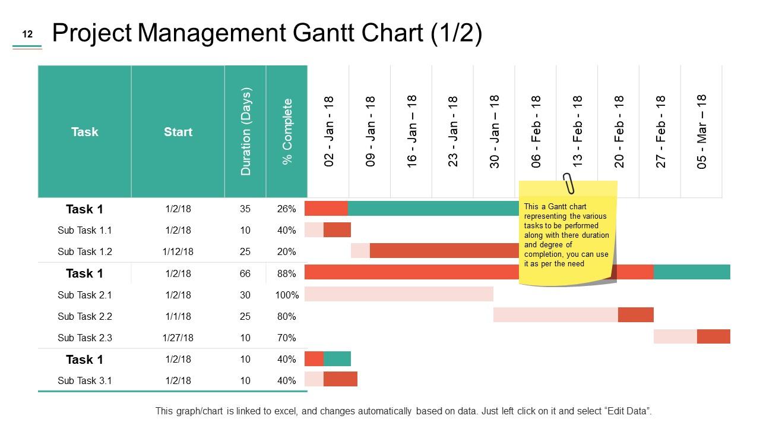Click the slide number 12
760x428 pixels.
coord(27,34)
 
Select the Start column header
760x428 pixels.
coord(178,132)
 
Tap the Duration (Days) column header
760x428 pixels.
coord(246,131)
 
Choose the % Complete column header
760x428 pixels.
coord(287,131)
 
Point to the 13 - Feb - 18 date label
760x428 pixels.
coord(577,131)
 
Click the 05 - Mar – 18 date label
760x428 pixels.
coord(702,131)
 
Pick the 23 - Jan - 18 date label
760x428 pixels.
coord(453,131)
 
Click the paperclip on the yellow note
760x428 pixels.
coord(569,183)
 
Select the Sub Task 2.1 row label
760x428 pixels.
coord(84,295)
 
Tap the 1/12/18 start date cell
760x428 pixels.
coord(178,251)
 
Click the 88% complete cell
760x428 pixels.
coord(286,273)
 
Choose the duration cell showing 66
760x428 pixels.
coord(245,273)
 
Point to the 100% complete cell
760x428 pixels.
coord(287,295)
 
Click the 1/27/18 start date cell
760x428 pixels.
coord(178,338)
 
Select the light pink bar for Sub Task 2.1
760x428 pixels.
coord(398,294)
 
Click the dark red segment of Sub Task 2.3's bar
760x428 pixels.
coord(713,336)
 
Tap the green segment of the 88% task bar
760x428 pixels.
coord(692,272)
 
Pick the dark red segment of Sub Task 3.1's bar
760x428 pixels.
coord(340,379)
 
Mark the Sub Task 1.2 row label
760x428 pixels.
coord(84,251)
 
